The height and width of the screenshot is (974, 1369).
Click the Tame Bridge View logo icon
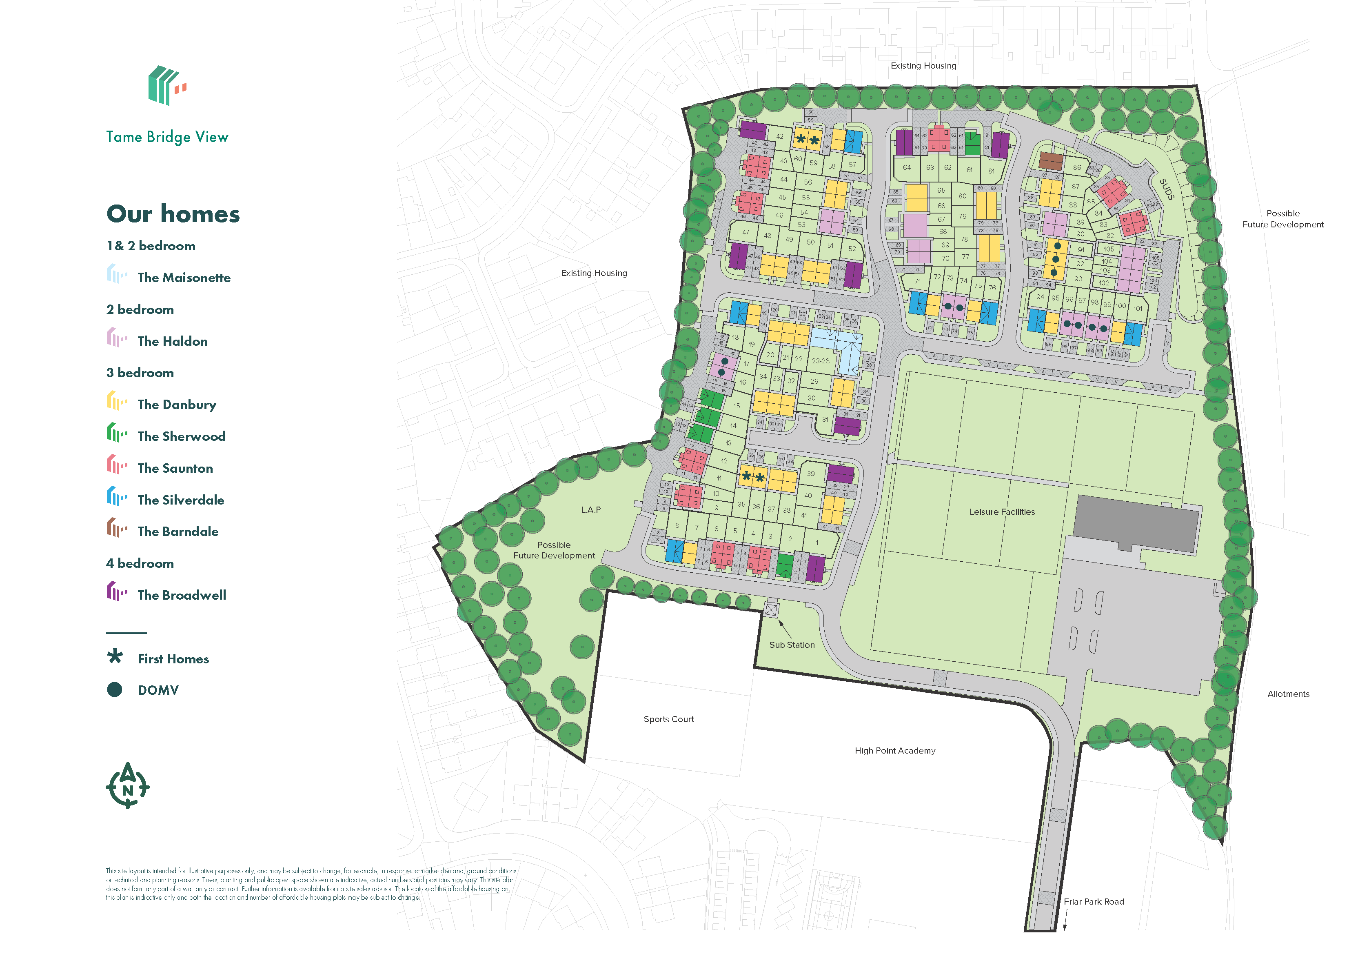pos(166,85)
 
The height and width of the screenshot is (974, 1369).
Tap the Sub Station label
pos(792,645)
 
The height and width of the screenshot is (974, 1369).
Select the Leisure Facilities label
pos(1002,511)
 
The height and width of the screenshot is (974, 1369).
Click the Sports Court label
pos(668,719)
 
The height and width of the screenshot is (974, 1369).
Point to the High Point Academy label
pos(894,750)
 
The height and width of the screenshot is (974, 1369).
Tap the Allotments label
pos(1288,694)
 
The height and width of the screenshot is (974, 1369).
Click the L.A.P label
pos(590,510)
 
